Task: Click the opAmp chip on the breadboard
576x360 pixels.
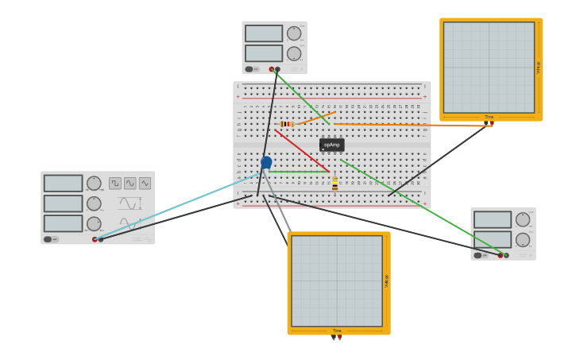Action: pyautogui.click(x=331, y=145)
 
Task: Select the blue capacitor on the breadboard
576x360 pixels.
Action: pyautogui.click(x=266, y=162)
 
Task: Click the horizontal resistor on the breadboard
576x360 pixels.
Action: pyautogui.click(x=287, y=124)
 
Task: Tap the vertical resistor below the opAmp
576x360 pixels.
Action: pyautogui.click(x=335, y=184)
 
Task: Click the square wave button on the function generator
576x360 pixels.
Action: pyautogui.click(x=115, y=184)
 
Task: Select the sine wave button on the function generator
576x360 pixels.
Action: pyautogui.click(x=130, y=184)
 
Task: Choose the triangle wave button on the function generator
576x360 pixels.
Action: pyautogui.click(x=145, y=184)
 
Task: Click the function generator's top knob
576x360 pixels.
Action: pyautogui.click(x=94, y=184)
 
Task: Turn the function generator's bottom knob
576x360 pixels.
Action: pyautogui.click(x=94, y=224)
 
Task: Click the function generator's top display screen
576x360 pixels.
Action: pyautogui.click(x=63, y=184)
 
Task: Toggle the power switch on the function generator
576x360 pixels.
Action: pyautogui.click(x=49, y=239)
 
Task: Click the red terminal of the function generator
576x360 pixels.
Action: pyautogui.click(x=95, y=239)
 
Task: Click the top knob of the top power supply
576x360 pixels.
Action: pyautogui.click(x=294, y=33)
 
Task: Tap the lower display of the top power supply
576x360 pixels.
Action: pyautogui.click(x=264, y=53)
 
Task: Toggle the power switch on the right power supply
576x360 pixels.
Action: pyautogui.click(x=478, y=255)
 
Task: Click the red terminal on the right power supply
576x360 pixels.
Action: pyautogui.click(x=501, y=255)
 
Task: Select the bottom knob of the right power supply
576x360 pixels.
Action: pyautogui.click(x=523, y=239)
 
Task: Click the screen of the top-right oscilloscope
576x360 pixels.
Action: pyautogui.click(x=489, y=68)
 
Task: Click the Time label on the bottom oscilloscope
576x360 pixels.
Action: pyautogui.click(x=337, y=331)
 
